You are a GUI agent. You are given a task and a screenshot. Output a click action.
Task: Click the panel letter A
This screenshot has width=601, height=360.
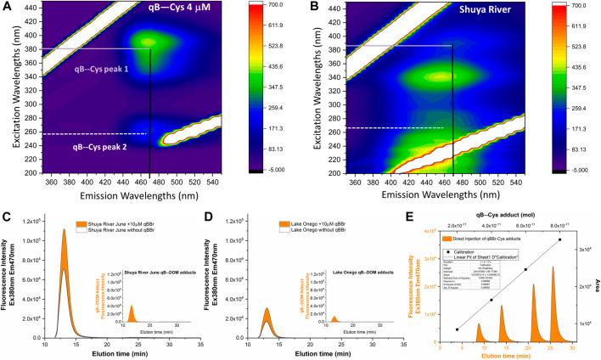pos(8,8)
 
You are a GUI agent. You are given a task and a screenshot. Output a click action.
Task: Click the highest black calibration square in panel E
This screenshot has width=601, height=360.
pos(560,240)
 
